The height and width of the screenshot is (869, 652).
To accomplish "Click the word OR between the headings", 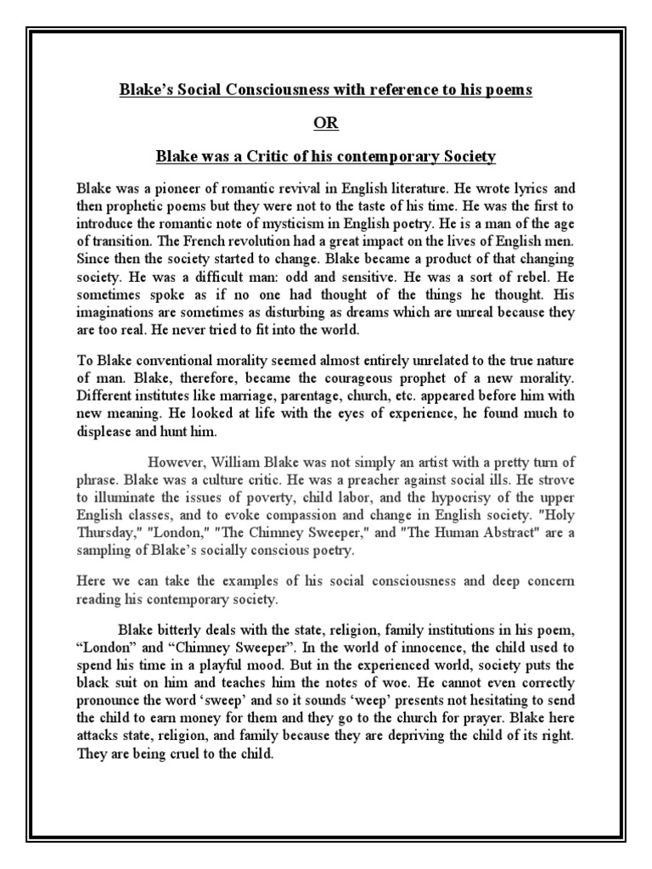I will (326, 124).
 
